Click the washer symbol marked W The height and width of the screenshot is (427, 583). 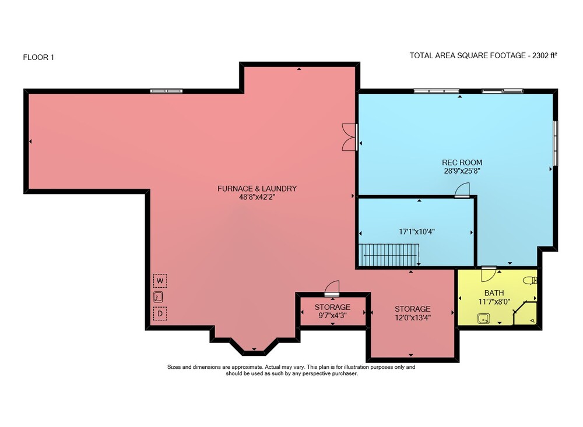coord(160,281)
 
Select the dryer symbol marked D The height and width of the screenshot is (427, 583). coord(160,313)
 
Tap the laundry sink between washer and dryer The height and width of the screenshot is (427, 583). coord(158,297)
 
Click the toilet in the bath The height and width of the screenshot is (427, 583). coord(530,280)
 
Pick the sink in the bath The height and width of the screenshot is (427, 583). coord(483,319)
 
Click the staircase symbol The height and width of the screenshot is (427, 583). coord(389,255)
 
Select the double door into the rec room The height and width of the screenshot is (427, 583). coord(350,137)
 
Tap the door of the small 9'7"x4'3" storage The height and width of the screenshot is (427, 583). coord(332,288)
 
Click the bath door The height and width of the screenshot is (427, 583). coord(489,274)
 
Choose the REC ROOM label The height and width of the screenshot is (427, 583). coord(462,163)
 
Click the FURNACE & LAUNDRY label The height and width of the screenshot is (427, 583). coord(257,188)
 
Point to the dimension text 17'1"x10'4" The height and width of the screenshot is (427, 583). coord(417,231)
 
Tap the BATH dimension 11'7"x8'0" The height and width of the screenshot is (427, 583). coord(494,301)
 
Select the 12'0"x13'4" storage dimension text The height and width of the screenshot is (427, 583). coord(413,317)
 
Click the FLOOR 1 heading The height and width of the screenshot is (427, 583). coord(38,57)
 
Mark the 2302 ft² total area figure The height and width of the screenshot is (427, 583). coord(545,55)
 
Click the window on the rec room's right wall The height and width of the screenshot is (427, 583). coord(556,143)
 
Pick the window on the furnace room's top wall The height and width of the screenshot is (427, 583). coord(166,91)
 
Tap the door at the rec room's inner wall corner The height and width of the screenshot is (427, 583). coord(462,190)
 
